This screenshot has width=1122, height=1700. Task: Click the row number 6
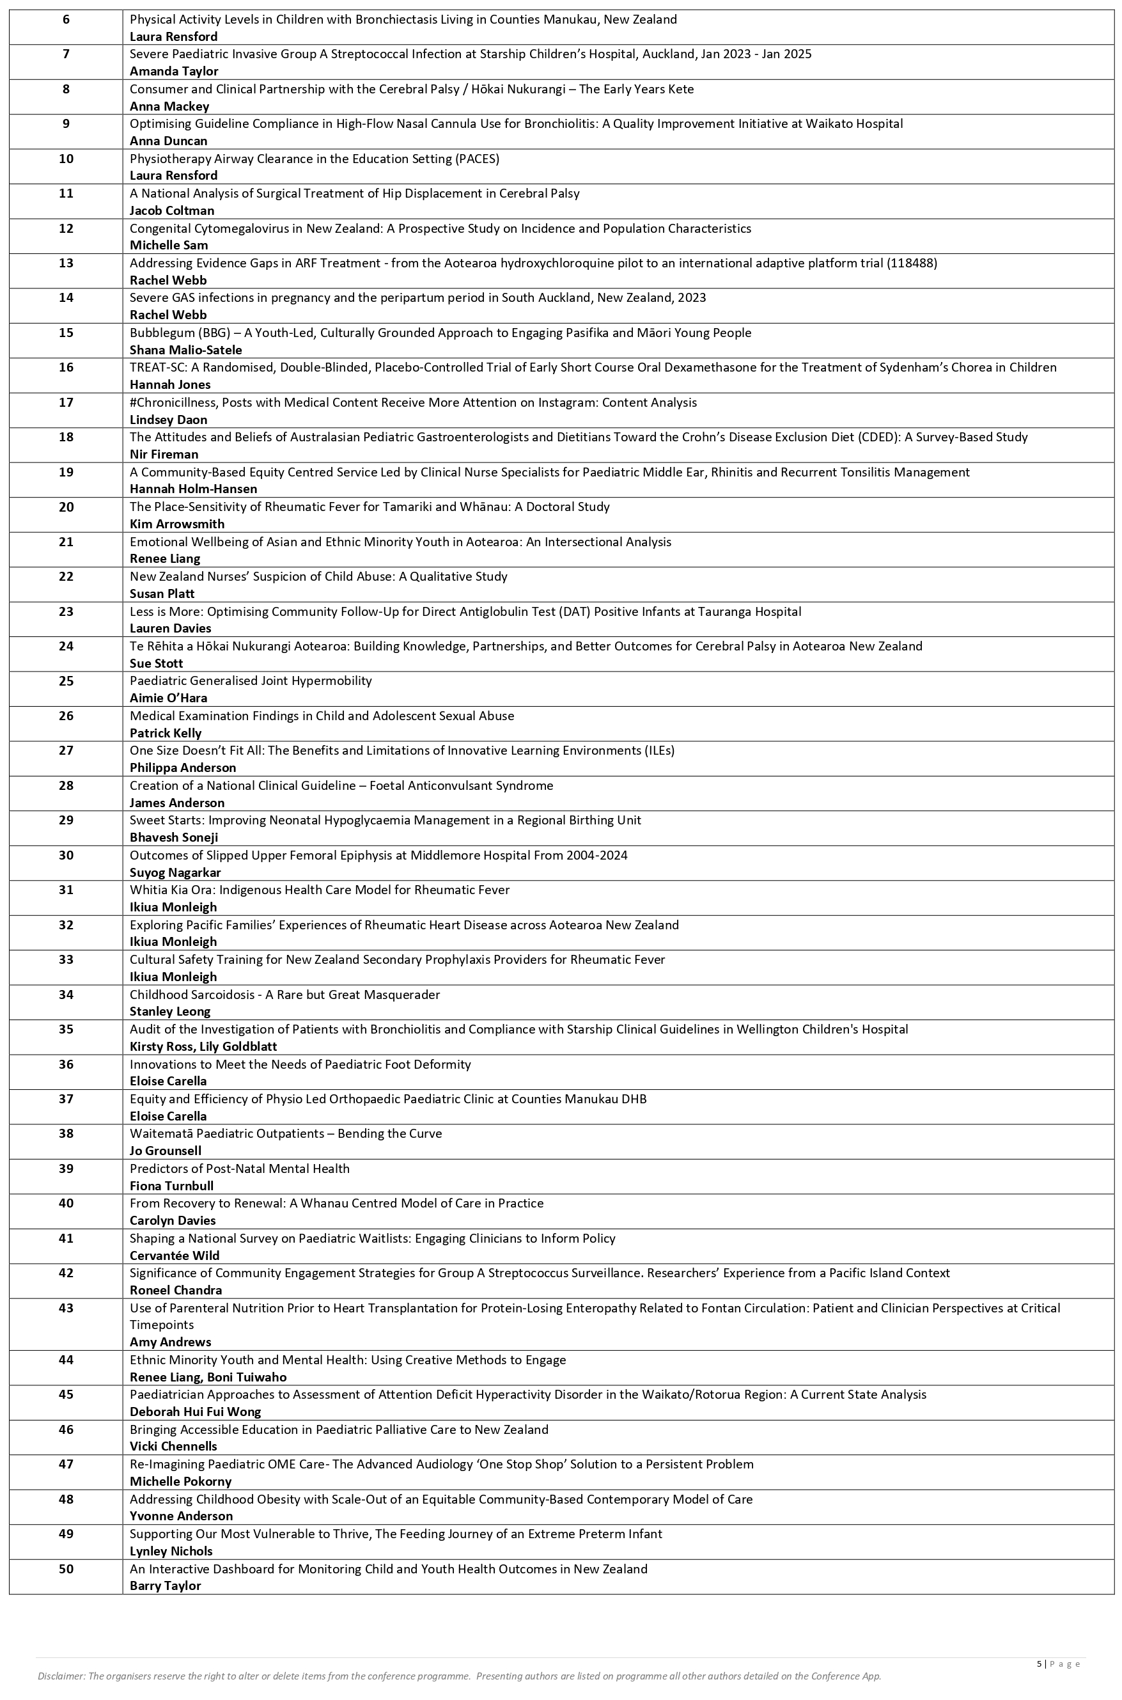point(66,19)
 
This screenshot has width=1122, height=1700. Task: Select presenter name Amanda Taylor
point(174,71)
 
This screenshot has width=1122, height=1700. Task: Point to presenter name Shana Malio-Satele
point(185,350)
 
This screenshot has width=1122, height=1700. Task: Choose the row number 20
point(66,507)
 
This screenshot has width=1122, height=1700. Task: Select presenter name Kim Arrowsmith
point(176,524)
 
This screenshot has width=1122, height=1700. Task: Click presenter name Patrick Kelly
point(166,733)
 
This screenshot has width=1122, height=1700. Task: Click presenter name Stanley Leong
point(169,1011)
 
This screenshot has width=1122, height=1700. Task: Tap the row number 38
point(66,1133)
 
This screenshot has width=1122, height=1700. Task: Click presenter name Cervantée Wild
point(175,1255)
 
